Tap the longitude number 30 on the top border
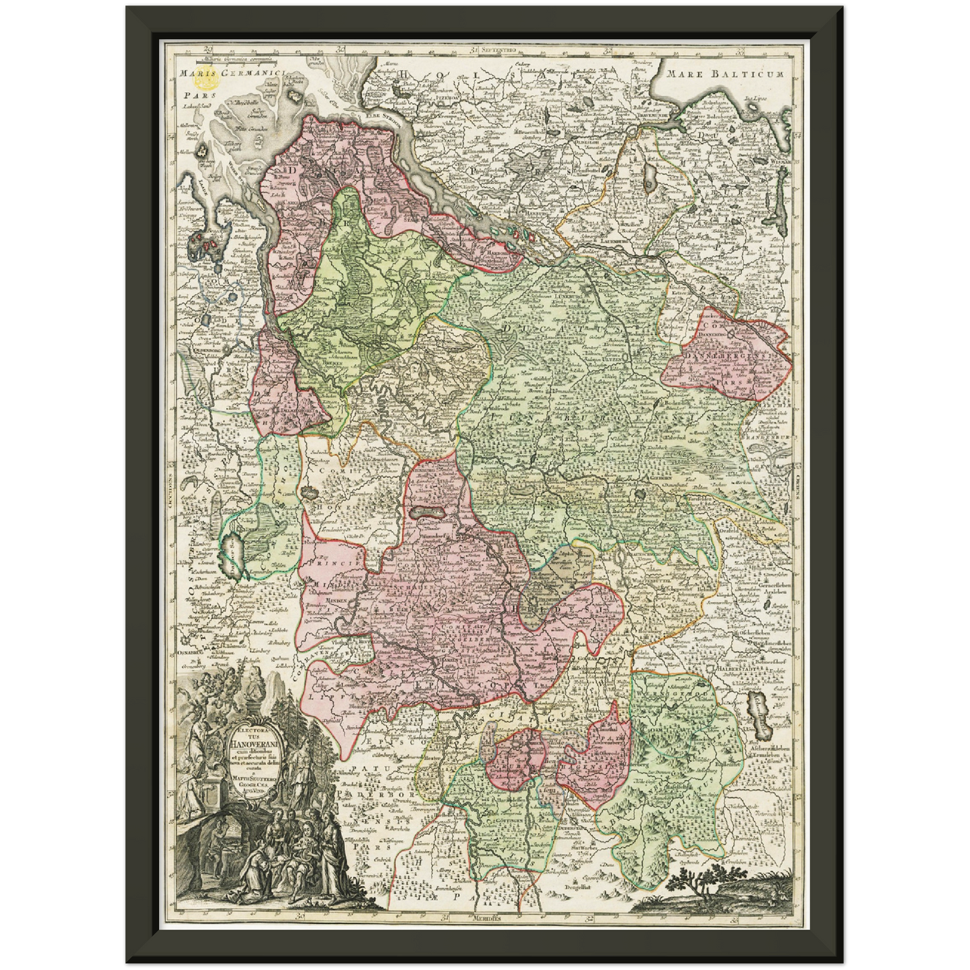click(340, 48)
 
